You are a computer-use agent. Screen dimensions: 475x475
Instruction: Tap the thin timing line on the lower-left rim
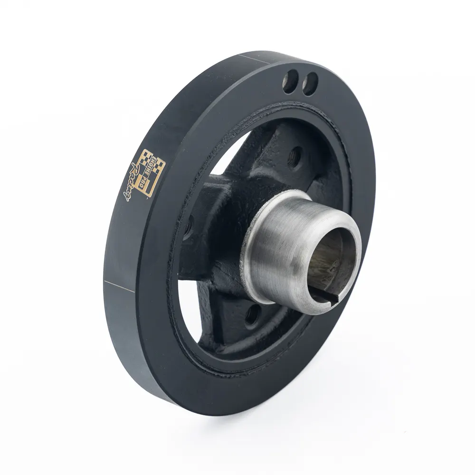(x=119, y=286)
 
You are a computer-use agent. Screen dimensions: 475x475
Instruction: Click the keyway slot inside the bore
(x=327, y=298)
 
